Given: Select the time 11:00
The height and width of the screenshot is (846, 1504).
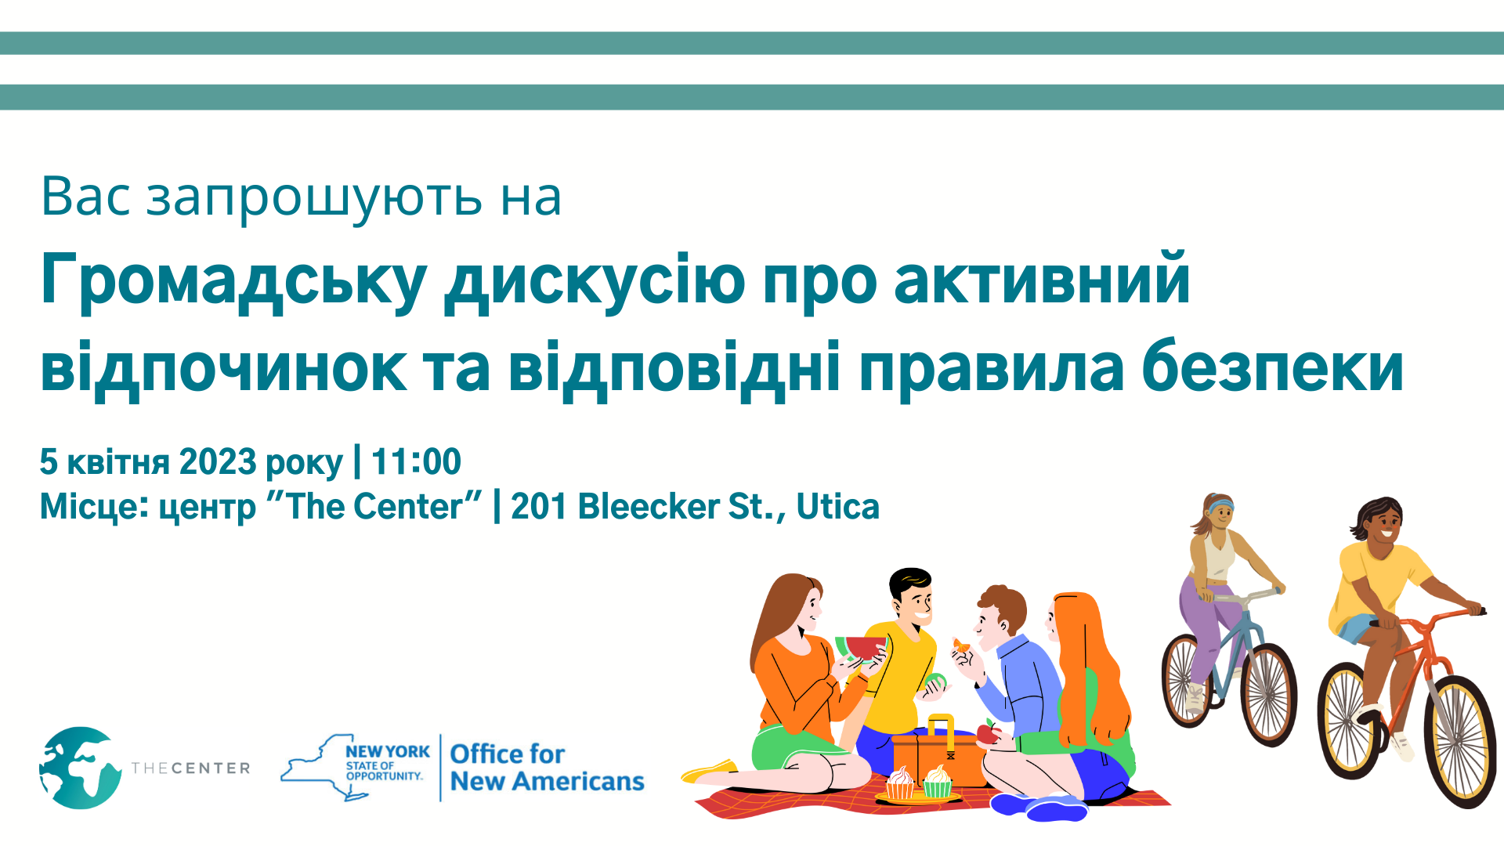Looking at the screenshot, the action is pos(416,462).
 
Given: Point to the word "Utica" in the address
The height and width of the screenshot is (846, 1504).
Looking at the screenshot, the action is pos(837,507).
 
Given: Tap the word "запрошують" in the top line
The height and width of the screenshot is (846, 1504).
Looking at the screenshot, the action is pos(314,197).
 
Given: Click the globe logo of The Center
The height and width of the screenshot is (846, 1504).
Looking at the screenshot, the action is pos(80,768).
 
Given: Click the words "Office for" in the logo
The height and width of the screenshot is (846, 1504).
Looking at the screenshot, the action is pos(507,754).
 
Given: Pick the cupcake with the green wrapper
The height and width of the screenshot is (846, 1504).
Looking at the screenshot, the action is pos(937,782).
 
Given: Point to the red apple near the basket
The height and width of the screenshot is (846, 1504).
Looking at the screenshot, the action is pos(989,732).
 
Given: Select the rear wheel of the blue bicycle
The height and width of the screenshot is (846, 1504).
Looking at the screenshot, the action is pos(1186,680).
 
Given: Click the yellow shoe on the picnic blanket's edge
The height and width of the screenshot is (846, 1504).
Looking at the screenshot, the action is pos(710,771).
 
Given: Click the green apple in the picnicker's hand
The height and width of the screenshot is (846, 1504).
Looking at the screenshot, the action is pos(936,681).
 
